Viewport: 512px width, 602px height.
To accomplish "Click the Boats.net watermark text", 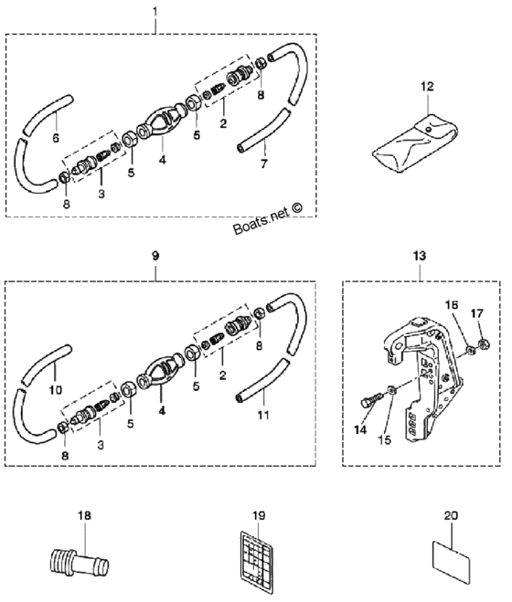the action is pyautogui.click(x=268, y=218).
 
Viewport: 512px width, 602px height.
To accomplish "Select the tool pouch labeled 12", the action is pyautogui.click(x=415, y=143).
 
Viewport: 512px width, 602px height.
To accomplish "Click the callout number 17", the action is pyautogui.click(x=476, y=313).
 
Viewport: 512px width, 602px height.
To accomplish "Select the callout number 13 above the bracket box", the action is pyautogui.click(x=420, y=255).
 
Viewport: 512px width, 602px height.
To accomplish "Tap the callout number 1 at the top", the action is pyautogui.click(x=155, y=12).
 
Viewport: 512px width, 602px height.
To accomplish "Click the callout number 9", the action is pyautogui.click(x=155, y=256).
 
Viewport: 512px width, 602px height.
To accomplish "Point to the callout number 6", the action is pyautogui.click(x=56, y=138).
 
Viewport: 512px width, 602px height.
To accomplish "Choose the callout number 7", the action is pyautogui.click(x=263, y=164).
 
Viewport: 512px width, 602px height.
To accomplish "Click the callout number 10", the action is pyautogui.click(x=56, y=390).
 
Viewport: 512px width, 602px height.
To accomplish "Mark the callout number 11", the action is pyautogui.click(x=263, y=415).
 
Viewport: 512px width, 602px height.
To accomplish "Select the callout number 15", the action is pyautogui.click(x=385, y=439).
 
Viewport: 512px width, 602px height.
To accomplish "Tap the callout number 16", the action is pyautogui.click(x=452, y=305).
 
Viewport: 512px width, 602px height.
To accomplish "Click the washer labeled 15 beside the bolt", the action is pyautogui.click(x=391, y=390).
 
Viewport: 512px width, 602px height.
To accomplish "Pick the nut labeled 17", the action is pyautogui.click(x=483, y=343).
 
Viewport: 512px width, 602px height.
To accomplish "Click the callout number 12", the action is pyautogui.click(x=427, y=87).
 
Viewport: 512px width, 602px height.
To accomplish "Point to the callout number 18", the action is pyautogui.click(x=84, y=515).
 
